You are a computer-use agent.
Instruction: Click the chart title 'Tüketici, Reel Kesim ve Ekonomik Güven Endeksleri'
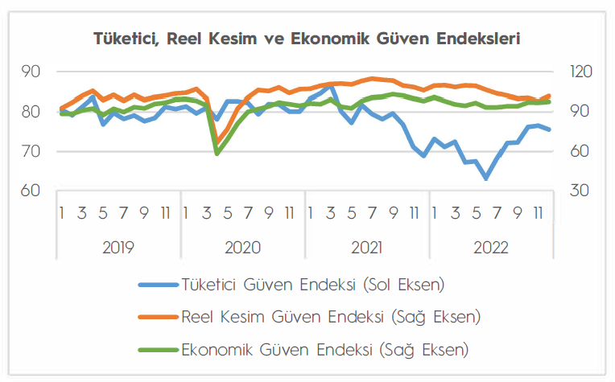[x=307, y=38]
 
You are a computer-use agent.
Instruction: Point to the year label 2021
[x=366, y=246]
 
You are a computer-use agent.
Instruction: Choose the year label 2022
[x=490, y=246]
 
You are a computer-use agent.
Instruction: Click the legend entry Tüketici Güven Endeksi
[x=313, y=284]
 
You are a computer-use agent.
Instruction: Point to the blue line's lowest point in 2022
[x=486, y=179]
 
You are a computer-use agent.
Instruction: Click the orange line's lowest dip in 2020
[x=217, y=143]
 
